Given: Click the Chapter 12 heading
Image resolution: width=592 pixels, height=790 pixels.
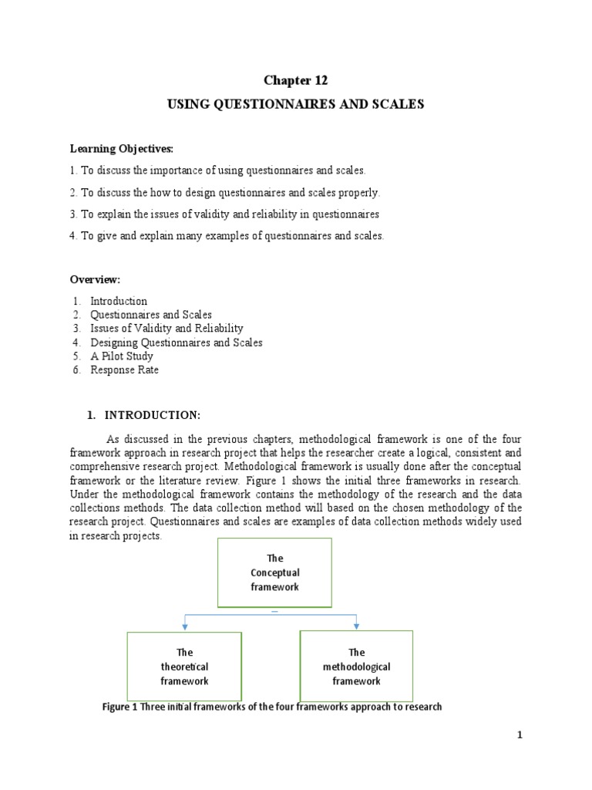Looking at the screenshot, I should (x=296, y=80).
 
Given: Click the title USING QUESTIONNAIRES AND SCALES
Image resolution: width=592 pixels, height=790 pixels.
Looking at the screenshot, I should (x=296, y=104).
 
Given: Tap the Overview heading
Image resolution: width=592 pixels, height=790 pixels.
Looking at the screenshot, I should (x=95, y=279).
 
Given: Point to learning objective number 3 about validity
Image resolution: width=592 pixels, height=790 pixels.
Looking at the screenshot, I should (x=224, y=214).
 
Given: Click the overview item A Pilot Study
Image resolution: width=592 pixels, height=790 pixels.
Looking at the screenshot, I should (x=121, y=356).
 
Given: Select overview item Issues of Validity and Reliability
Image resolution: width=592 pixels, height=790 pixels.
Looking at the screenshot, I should (x=166, y=329).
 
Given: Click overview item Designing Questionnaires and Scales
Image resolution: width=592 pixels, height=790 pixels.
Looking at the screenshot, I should (x=176, y=343).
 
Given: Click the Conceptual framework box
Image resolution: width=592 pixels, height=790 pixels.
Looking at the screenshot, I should (x=275, y=572).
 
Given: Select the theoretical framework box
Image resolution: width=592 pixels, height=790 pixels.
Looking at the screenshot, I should (x=184, y=667).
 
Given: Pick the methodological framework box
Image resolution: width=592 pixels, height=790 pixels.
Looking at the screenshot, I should (x=356, y=667).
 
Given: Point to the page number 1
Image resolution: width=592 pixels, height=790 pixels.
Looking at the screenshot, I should (x=520, y=735).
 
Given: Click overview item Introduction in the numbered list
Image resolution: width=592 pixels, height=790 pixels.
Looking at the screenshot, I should (x=118, y=301).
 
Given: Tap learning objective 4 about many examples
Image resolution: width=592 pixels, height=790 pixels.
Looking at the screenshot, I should (x=226, y=236).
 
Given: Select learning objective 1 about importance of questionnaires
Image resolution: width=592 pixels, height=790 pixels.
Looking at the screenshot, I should (x=217, y=170).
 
